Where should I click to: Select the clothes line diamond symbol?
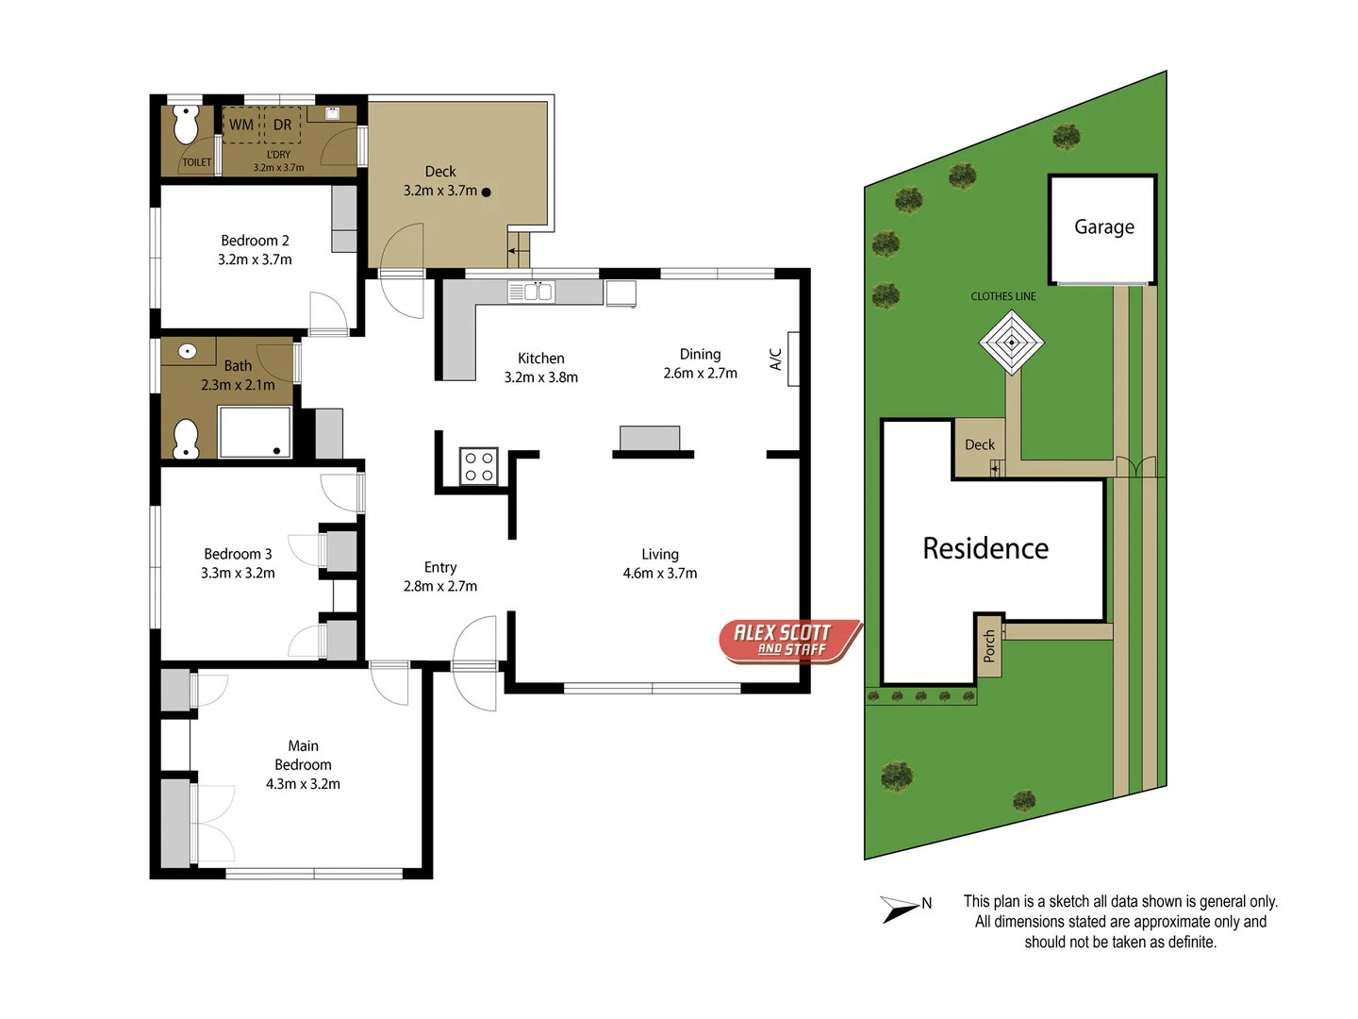click(x=1011, y=342)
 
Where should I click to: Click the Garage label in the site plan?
click(x=1103, y=227)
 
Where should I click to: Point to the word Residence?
click(x=985, y=548)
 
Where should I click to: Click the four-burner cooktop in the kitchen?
click(x=479, y=467)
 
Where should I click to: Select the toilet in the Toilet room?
click(x=186, y=124)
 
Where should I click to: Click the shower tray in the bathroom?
click(x=255, y=432)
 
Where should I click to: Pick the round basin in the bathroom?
click(x=188, y=352)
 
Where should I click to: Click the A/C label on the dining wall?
click(x=776, y=359)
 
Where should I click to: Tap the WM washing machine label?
click(x=241, y=125)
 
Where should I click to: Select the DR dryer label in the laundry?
click(x=282, y=125)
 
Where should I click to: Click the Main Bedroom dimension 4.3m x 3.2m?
click(x=303, y=784)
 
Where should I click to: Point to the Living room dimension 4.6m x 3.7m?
click(x=659, y=574)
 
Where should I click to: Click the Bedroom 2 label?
click(x=255, y=241)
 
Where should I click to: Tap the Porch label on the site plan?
click(x=988, y=646)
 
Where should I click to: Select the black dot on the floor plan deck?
click(x=487, y=192)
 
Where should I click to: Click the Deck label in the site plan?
click(x=979, y=445)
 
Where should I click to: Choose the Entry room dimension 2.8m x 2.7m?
click(x=440, y=587)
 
